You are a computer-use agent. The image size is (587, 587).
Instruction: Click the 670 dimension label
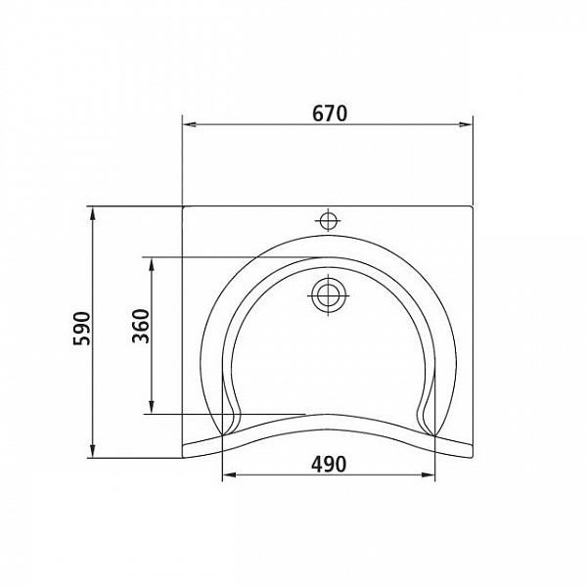pyautogui.click(x=330, y=113)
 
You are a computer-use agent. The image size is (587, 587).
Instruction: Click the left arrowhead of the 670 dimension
pyautogui.click(x=189, y=123)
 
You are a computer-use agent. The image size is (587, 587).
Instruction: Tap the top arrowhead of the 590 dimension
pyautogui.click(x=93, y=211)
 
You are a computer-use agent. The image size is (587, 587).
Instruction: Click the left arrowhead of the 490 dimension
pyautogui.click(x=228, y=476)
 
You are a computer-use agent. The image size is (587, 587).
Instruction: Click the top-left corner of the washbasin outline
pyautogui.click(x=183, y=206)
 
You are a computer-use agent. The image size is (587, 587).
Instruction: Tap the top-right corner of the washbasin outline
pyautogui.click(x=474, y=206)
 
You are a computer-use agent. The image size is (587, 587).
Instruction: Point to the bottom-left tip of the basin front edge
pyautogui.click(x=184, y=458)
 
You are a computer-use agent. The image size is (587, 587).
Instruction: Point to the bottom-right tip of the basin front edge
pyautogui.click(x=474, y=458)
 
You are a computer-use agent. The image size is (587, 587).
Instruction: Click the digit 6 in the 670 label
pyautogui.click(x=318, y=113)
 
